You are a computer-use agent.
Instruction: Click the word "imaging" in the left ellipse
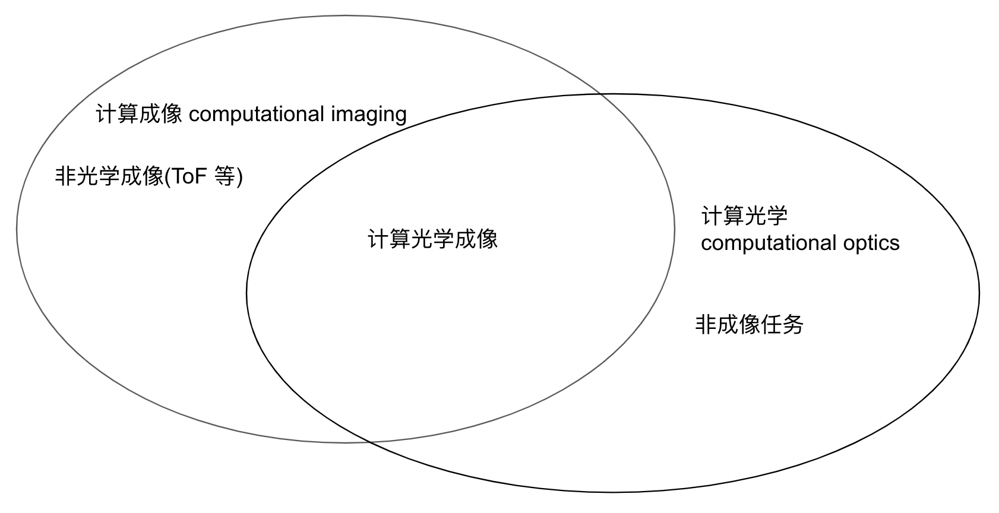click(x=369, y=114)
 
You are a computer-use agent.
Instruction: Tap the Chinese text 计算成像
click(x=139, y=114)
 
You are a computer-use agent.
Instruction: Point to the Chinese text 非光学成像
click(x=109, y=176)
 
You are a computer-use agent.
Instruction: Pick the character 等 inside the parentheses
click(x=225, y=176)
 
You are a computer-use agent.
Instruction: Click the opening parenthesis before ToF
click(x=167, y=177)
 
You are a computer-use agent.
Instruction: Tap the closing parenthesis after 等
click(x=239, y=177)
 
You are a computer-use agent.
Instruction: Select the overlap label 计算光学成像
click(x=432, y=239)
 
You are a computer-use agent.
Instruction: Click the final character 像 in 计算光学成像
click(x=487, y=239)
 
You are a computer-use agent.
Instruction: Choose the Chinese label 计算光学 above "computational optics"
click(x=744, y=216)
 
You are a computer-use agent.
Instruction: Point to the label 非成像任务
click(x=749, y=325)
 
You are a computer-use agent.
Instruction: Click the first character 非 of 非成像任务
click(x=706, y=325)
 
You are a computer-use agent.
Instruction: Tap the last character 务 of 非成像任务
click(x=792, y=325)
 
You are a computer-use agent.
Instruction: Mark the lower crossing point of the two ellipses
click(x=368, y=442)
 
